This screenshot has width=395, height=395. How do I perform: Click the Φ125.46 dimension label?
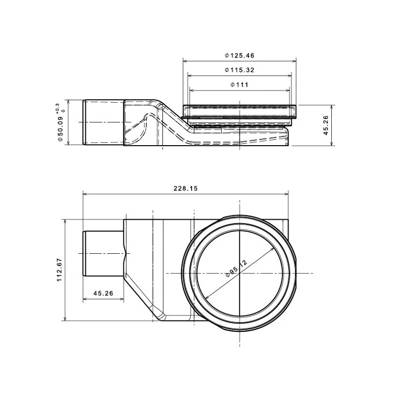(239, 55)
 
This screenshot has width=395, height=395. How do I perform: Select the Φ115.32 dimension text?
(239, 70)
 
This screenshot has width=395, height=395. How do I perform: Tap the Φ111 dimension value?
(239, 84)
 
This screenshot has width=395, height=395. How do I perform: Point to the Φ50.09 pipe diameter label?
(60, 129)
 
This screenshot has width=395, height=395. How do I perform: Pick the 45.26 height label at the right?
(326, 125)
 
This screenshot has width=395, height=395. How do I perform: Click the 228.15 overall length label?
(186, 189)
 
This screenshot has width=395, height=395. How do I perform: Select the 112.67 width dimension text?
(59, 270)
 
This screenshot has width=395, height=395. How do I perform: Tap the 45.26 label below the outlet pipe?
(103, 293)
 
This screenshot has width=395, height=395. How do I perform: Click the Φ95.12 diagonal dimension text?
(237, 268)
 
